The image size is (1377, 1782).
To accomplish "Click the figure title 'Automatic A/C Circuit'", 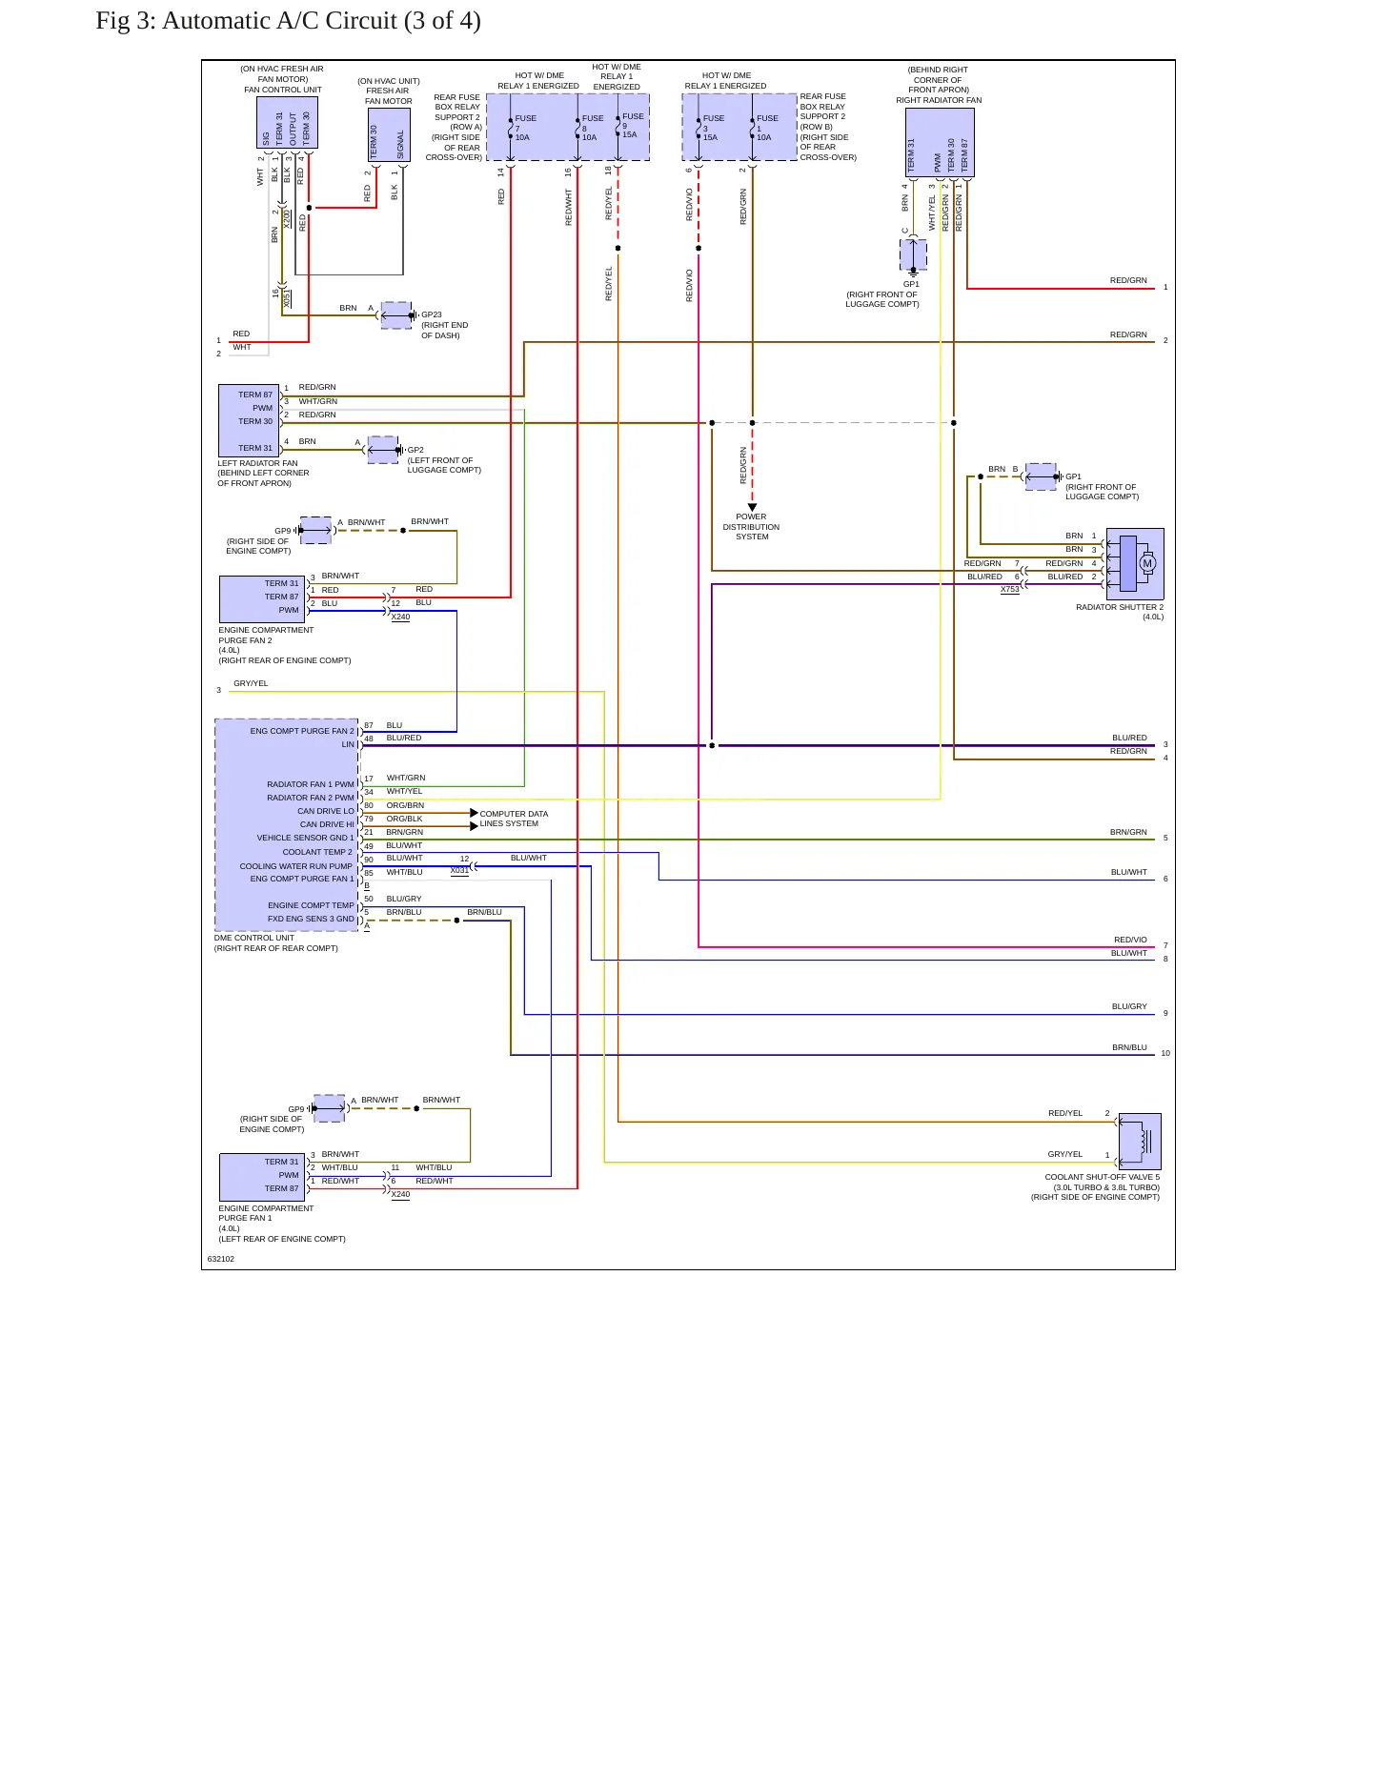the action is point(279,21).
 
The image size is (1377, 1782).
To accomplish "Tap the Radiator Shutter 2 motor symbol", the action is point(1135,564).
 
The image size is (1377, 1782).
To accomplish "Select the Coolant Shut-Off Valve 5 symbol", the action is point(1140,1142).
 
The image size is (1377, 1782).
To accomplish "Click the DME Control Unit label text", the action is point(254,938).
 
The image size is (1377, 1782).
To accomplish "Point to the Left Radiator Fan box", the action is point(249,421).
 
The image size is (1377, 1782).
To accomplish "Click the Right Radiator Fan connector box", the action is point(940,143).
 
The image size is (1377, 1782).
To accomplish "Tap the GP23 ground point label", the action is point(432,314).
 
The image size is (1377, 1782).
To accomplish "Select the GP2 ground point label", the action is point(415,450).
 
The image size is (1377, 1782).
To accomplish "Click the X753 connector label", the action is point(1010,590).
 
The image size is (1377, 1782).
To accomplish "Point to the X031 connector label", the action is point(459,870).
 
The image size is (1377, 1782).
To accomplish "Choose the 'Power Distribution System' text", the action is point(751,527).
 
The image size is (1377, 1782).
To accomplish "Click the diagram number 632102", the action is point(221,1259).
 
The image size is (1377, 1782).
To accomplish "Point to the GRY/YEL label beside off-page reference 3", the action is point(251,683).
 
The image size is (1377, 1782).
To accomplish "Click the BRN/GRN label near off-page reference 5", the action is point(1128,832).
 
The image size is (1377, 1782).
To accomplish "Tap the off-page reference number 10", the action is point(1165,1053).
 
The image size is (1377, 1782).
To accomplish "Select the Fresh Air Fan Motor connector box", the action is point(389,135).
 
